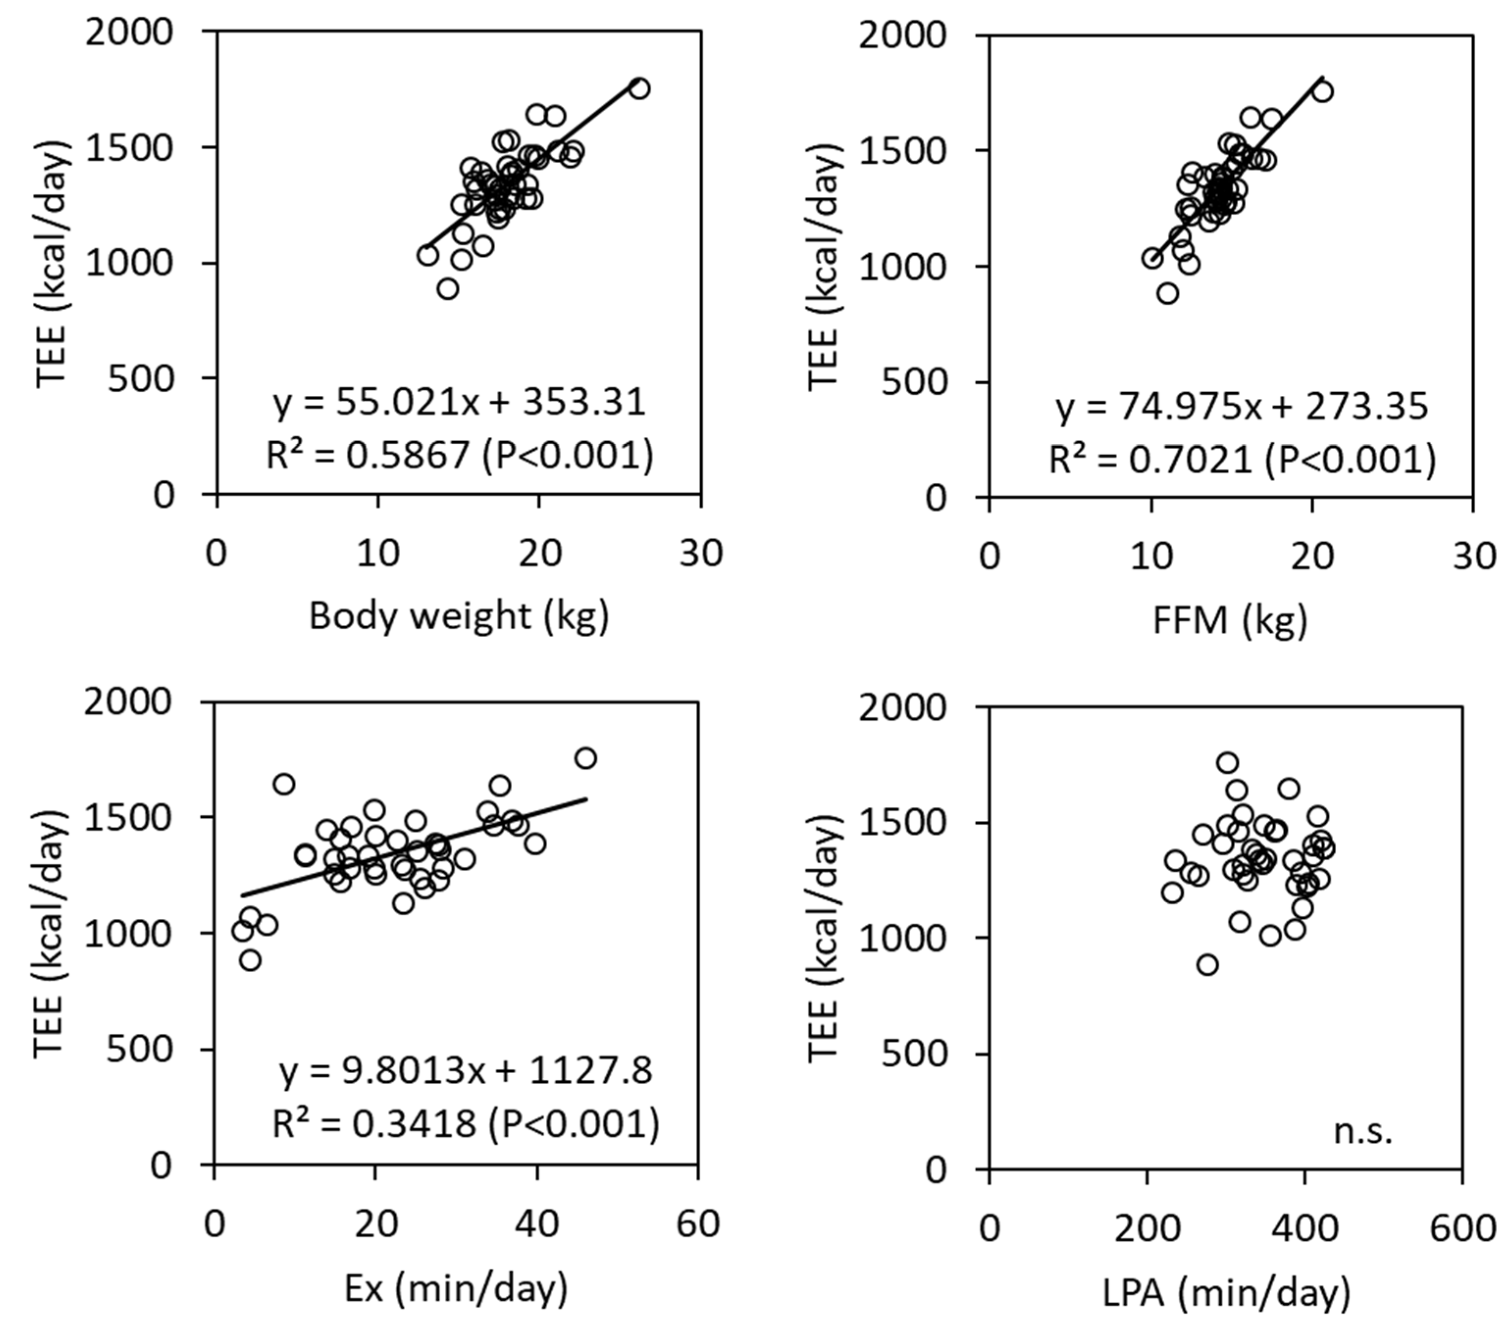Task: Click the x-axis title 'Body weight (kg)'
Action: pyautogui.click(x=459, y=616)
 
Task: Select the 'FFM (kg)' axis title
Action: pyautogui.click(x=1230, y=620)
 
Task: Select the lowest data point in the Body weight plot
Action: pyautogui.click(x=448, y=289)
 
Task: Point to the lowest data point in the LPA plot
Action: pyautogui.click(x=1207, y=965)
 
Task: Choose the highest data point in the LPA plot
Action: pyautogui.click(x=1227, y=763)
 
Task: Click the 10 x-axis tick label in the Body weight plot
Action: pyautogui.click(x=378, y=554)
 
